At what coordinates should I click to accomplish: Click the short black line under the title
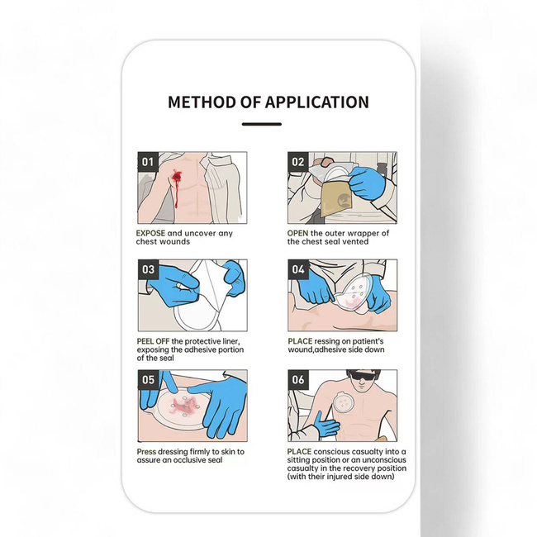262,124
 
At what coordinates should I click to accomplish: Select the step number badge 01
147,162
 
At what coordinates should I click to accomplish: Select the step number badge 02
298,162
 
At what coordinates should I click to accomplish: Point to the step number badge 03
147,269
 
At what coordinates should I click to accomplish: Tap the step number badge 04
298,269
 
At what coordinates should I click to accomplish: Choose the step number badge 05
147,380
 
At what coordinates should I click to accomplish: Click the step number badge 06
298,380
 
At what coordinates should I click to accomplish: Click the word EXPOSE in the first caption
154,233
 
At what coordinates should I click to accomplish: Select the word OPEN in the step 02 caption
301,233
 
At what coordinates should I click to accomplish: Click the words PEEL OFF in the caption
153,341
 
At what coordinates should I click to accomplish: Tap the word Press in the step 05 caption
149,452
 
